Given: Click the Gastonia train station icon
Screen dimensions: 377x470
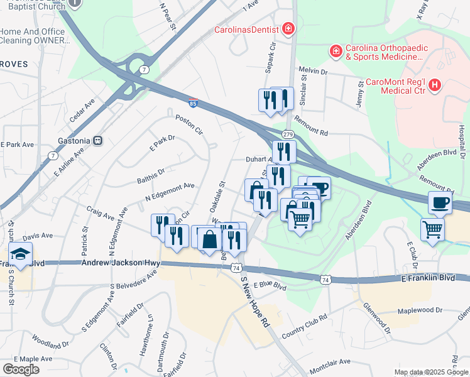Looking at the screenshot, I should pos(97,141).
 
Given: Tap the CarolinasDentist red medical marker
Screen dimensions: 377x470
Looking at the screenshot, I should pos(288,29).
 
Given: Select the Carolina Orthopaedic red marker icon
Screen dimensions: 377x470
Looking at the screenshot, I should pos(336,50).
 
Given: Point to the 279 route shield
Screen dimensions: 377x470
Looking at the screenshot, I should pos(288,134).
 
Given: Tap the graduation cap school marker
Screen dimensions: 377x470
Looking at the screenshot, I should pos(21,254).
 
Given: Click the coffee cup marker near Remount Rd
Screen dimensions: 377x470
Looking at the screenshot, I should pos(439,202).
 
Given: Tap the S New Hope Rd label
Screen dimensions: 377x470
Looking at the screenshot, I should pos(254,303).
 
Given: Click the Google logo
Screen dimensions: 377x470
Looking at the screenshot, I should pos(20,369).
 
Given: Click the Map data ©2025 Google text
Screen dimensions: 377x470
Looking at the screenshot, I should pos(430,372).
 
